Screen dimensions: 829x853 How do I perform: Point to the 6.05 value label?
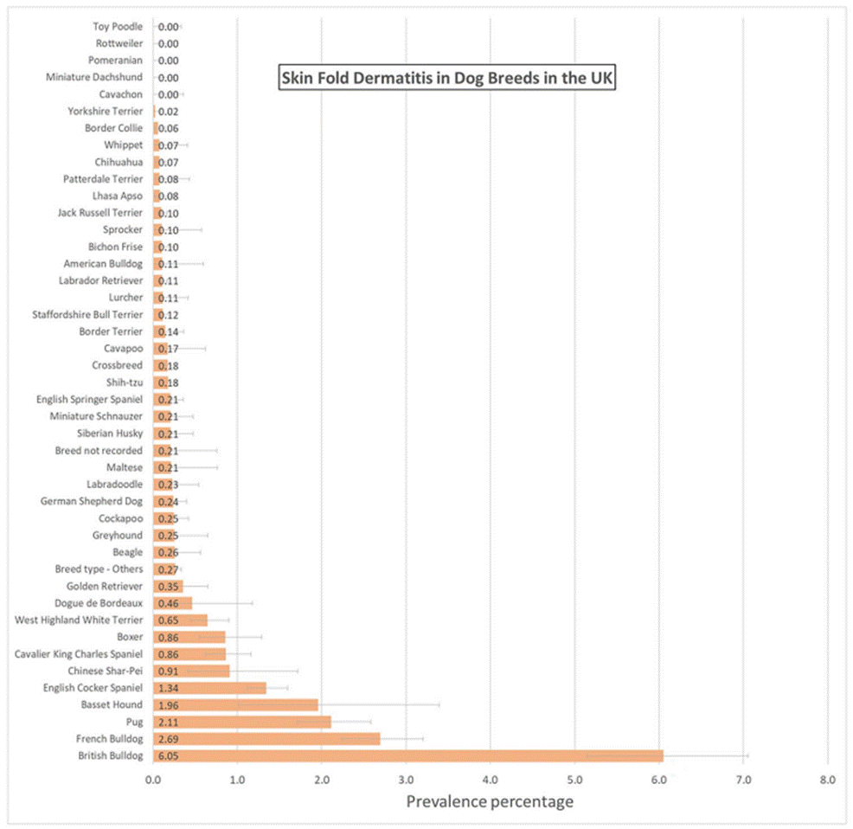[168, 756]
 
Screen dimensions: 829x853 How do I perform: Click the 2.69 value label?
[168, 739]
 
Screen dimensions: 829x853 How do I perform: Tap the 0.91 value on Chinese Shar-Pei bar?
[168, 671]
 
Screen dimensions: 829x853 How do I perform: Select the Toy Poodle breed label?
[118, 27]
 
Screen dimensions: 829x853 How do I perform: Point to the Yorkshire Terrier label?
[105, 112]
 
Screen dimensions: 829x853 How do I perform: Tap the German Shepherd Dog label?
[92, 501]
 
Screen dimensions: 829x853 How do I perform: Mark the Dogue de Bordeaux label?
[98, 603]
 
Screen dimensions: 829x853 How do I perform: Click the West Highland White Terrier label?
[79, 620]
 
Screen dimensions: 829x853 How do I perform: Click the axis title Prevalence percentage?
[490, 802]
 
